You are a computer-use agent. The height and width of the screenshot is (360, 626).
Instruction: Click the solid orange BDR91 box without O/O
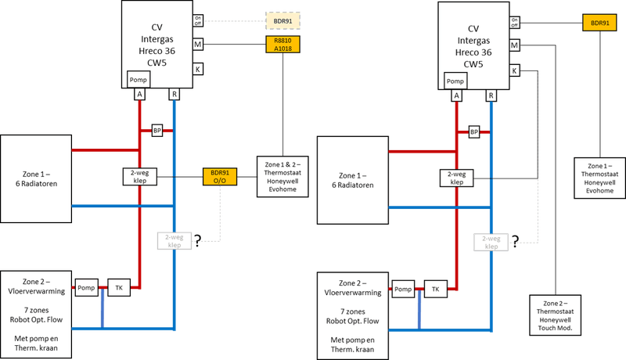click(x=599, y=22)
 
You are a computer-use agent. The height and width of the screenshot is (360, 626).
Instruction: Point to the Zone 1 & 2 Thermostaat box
click(x=282, y=178)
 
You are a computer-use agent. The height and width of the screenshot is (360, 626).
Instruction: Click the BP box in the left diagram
click(x=156, y=131)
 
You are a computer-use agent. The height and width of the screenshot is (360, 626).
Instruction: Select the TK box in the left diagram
click(x=119, y=289)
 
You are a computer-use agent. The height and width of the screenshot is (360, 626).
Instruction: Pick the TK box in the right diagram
click(x=436, y=290)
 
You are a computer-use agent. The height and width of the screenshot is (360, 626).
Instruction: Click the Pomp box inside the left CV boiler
click(x=139, y=79)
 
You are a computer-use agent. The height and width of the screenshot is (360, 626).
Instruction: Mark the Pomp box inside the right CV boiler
click(x=455, y=80)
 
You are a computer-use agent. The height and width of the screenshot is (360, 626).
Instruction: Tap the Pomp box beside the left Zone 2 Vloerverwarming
click(x=85, y=289)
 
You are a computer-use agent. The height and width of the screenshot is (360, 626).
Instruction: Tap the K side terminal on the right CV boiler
click(x=516, y=70)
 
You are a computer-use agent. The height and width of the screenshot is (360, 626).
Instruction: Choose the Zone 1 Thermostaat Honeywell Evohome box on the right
click(x=599, y=178)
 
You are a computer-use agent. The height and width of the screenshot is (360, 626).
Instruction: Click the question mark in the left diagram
click(x=198, y=239)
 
